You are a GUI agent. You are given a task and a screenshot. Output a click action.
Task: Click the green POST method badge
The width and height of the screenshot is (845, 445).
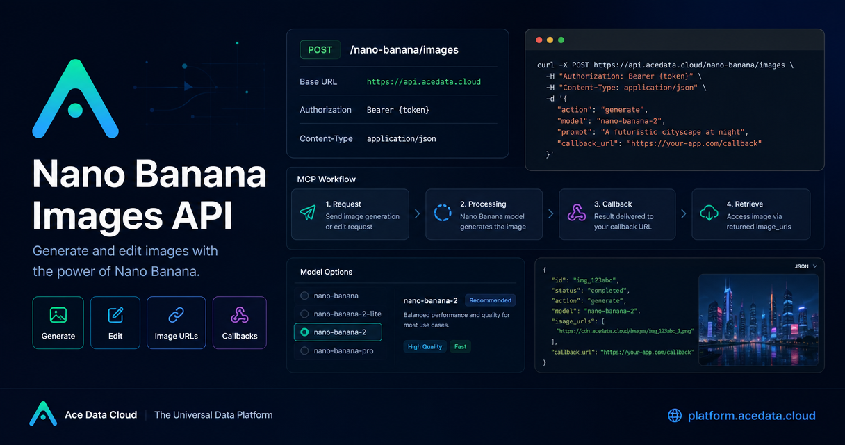pos(320,50)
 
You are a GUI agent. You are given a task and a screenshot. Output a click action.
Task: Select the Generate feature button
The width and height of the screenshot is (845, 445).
pos(58,323)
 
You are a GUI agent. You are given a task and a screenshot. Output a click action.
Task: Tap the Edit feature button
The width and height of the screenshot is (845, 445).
pos(115,323)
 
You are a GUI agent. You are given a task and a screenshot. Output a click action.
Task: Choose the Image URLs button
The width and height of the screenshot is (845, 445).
pos(177,323)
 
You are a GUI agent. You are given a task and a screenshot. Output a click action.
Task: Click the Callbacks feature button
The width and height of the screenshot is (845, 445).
pos(240,323)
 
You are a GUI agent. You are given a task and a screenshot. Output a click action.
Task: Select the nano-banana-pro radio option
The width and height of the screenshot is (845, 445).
pos(304,350)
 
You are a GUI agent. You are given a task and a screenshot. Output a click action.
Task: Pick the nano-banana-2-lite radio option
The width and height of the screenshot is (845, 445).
pos(304,314)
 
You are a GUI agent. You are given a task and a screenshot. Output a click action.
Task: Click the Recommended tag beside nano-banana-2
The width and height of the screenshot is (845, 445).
pos(491,300)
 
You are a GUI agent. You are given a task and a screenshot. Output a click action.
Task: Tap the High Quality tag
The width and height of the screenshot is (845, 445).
pos(425,346)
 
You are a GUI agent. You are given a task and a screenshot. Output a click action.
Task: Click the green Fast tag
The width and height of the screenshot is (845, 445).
pos(460,346)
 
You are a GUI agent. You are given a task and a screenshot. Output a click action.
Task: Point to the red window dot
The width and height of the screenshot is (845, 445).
pos(539,40)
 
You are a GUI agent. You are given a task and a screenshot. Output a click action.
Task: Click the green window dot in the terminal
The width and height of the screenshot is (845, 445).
pos(561,40)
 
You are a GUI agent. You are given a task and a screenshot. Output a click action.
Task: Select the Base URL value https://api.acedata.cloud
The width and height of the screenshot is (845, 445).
pos(424,82)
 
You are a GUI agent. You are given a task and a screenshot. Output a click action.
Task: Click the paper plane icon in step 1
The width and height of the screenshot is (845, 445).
pos(308,213)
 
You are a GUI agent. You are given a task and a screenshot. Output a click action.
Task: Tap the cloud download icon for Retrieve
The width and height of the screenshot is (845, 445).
pos(709,213)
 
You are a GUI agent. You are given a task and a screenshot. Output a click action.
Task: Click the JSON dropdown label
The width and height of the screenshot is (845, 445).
pos(802,266)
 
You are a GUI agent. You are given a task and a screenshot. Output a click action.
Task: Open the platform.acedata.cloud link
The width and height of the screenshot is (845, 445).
pos(751,416)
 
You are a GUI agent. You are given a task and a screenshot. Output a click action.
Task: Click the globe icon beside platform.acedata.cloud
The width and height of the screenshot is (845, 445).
pos(675,416)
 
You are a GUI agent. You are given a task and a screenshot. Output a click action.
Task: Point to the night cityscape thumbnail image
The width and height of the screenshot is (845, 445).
pos(758,320)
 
